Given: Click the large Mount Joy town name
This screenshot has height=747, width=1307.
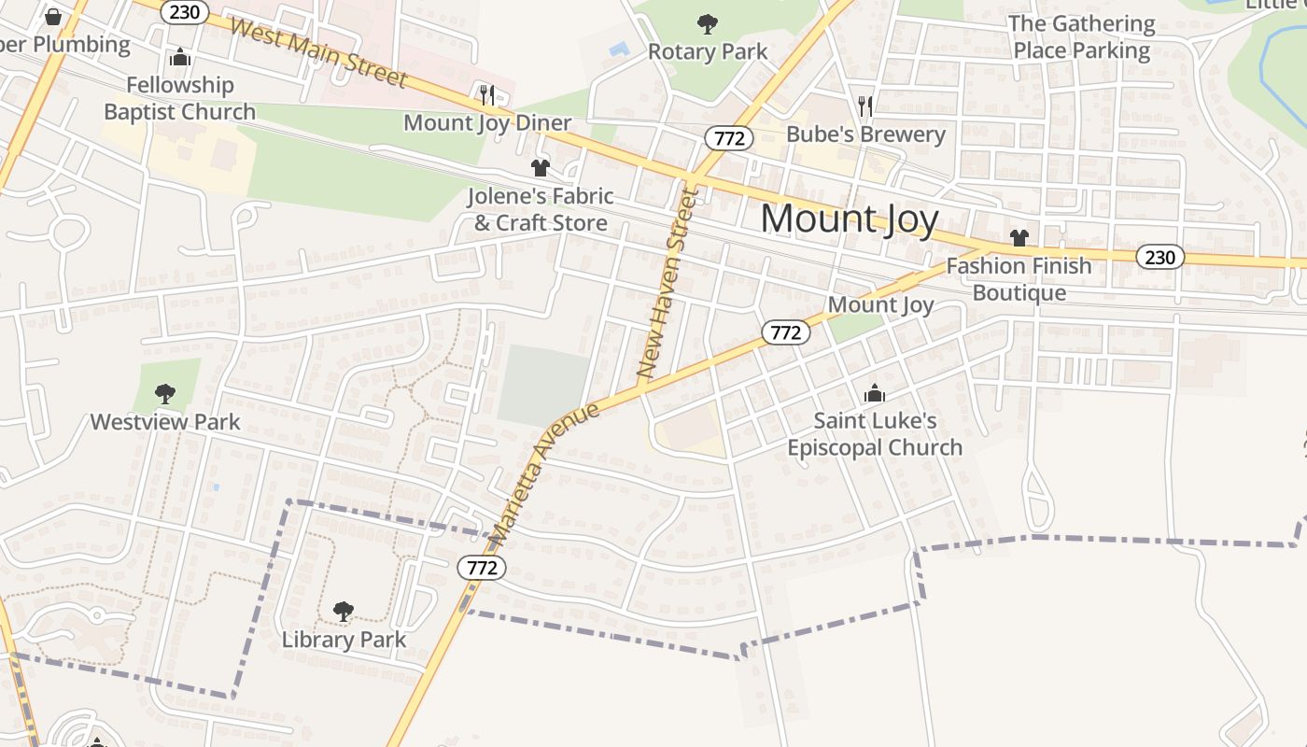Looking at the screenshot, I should click(849, 218).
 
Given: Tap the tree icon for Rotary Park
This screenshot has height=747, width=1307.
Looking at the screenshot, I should click(708, 24).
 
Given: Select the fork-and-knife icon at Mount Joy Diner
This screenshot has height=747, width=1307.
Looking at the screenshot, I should click(485, 94).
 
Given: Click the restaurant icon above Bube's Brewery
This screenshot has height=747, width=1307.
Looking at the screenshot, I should click(865, 106).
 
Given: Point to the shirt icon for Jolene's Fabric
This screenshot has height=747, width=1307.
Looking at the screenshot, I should click(540, 168).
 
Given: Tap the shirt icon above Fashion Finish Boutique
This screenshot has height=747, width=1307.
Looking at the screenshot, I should click(1019, 238).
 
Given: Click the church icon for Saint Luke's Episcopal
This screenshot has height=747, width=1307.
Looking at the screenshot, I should click(875, 393).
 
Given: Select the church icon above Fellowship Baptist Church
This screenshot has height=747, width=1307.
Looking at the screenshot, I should click(180, 58).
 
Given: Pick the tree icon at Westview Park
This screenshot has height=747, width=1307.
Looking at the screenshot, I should click(165, 393).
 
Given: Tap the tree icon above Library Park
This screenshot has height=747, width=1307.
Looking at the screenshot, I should click(344, 612).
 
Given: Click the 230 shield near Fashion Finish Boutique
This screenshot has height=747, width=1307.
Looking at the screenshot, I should click(1159, 257).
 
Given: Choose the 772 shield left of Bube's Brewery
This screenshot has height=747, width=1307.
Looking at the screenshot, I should click(728, 138).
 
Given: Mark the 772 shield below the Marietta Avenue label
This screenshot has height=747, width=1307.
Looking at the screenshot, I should click(482, 567).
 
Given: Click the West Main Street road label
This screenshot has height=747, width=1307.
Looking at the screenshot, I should click(317, 52).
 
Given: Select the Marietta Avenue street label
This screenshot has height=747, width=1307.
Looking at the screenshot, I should click(544, 474).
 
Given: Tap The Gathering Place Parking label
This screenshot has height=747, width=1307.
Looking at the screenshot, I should click(1082, 37).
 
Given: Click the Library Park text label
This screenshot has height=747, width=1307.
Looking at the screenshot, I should click(344, 640).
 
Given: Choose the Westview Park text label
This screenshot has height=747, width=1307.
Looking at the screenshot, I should click(165, 422).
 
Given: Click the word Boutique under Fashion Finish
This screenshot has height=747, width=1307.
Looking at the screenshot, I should click(1019, 293).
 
